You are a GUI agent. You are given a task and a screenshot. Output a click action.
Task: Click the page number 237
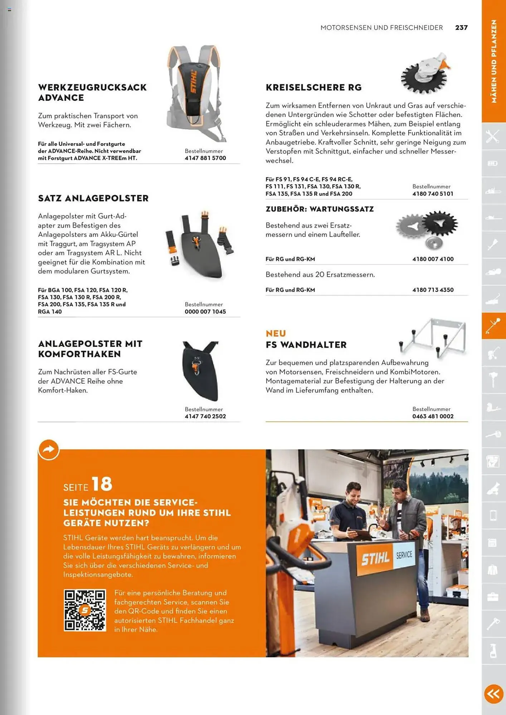coord(461,28)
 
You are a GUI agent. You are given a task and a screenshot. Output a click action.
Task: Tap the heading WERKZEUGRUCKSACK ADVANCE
coord(92,93)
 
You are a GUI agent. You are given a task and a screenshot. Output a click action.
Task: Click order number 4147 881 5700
coord(205,158)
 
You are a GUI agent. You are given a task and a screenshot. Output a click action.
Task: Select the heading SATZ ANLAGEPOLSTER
coord(93,198)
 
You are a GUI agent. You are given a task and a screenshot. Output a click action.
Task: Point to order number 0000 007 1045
coord(205,312)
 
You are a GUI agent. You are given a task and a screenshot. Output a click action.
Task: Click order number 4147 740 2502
coord(205,416)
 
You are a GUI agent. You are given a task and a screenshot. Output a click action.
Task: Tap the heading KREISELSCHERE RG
coord(313,88)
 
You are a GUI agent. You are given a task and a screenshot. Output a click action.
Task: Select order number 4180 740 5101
coord(433,194)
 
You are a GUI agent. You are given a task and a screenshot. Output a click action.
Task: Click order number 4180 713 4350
coord(433,290)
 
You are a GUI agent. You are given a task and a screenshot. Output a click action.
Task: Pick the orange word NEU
coord(276,334)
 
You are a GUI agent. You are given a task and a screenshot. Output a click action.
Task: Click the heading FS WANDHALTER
coord(306,345)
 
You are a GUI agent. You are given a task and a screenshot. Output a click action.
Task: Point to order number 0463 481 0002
coord(433,416)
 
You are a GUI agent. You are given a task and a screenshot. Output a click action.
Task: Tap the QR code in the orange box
coord(85,610)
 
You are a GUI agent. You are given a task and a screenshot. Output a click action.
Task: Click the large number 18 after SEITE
coord(102,484)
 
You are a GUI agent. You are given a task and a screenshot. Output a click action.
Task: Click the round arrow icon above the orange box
coord(49,449)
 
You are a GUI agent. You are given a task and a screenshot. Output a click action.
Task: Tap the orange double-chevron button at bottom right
coord(493,694)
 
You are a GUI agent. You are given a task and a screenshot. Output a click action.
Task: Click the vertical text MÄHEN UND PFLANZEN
coord(494,61)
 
